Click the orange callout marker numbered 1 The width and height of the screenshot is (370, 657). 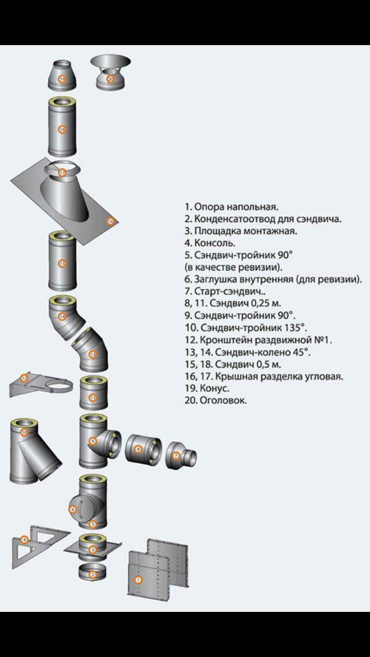138,579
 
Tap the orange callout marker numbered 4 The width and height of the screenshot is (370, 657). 24,540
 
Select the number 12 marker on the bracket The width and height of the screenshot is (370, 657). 24,378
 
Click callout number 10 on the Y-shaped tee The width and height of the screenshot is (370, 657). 24,432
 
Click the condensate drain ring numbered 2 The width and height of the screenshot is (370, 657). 91,574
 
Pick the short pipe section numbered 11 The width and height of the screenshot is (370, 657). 92,397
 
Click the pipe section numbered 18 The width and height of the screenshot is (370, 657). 62,128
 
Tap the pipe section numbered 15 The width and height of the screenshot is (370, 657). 62,264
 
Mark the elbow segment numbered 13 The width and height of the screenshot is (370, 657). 91,354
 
